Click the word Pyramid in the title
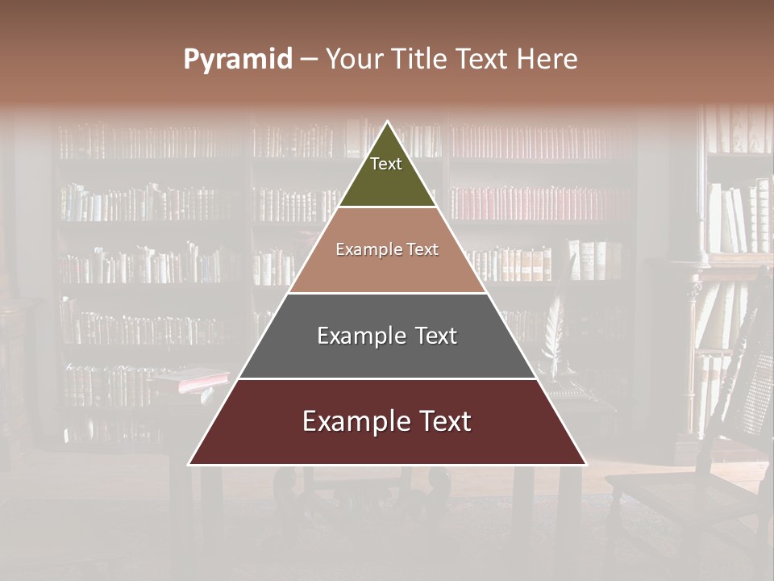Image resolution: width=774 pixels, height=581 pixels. click(x=238, y=60)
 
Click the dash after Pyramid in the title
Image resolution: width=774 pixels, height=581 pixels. click(x=309, y=61)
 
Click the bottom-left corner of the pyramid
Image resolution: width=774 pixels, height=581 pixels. click(x=189, y=464)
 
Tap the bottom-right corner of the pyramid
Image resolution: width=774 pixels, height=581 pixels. click(x=585, y=464)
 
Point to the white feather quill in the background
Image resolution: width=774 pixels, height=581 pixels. click(x=555, y=331)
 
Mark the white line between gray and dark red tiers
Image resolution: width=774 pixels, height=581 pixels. click(x=387, y=378)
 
